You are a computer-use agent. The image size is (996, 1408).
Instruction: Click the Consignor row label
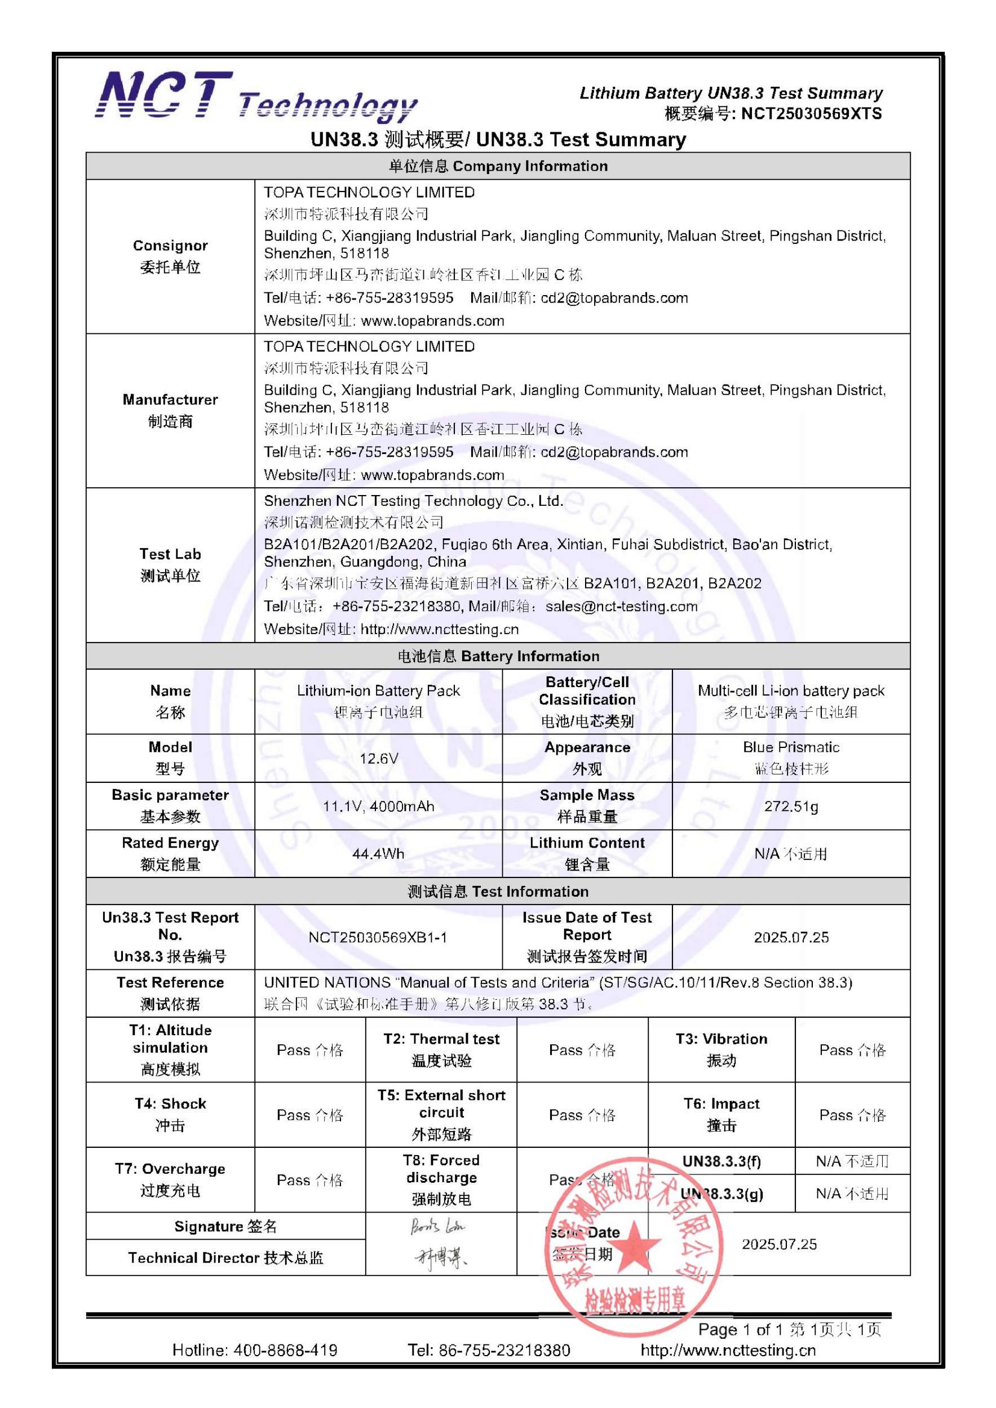point(170,256)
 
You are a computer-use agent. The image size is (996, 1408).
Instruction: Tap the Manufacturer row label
point(170,410)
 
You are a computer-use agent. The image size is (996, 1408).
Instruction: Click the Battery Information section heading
point(498,656)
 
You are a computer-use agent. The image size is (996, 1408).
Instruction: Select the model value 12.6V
point(379,759)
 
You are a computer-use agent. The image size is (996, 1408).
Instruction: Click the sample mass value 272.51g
point(790,807)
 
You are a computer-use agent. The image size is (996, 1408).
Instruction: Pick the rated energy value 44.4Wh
point(378,854)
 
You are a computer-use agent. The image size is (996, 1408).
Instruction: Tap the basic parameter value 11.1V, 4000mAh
point(379,807)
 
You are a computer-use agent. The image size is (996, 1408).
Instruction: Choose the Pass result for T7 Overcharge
point(309,1180)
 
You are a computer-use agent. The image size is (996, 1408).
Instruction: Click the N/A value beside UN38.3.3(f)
point(852,1161)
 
